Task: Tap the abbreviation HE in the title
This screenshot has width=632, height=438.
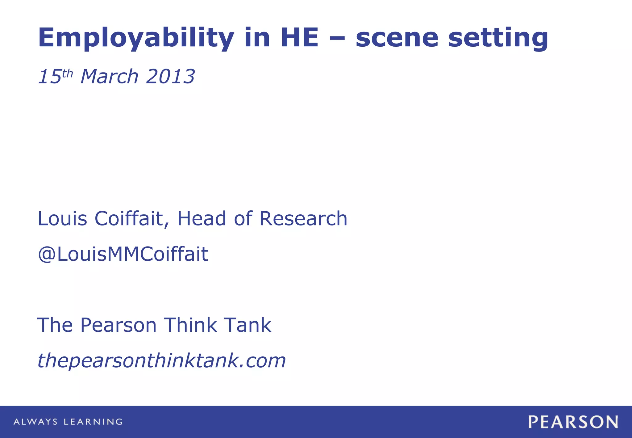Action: (x=299, y=38)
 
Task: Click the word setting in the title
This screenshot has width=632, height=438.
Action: (x=498, y=38)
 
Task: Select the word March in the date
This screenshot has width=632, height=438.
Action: (x=109, y=76)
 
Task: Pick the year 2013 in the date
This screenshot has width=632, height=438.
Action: (x=170, y=76)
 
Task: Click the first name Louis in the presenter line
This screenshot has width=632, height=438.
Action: (x=62, y=219)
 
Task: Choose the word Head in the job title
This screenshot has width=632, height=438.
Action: (x=202, y=219)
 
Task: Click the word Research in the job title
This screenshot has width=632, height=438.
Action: (x=303, y=219)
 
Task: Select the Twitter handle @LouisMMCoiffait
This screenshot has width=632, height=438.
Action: (x=123, y=254)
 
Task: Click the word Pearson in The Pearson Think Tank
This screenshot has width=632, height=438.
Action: (x=118, y=325)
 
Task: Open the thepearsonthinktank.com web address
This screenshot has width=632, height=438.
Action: (x=161, y=360)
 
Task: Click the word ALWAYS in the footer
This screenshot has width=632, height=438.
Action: (x=35, y=422)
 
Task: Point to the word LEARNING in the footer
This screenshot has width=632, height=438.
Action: (x=93, y=422)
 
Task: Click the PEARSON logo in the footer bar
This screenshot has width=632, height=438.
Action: (x=573, y=422)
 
